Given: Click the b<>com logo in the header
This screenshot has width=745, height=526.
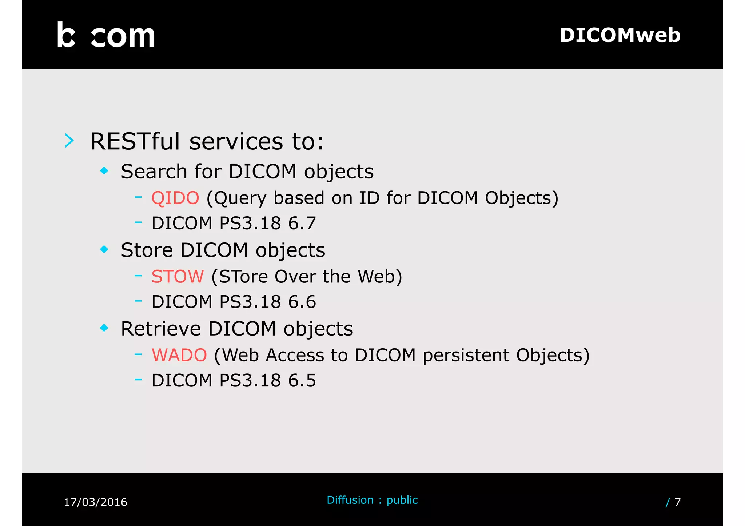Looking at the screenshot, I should (x=106, y=35).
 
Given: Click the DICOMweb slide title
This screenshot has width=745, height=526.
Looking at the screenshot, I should (x=620, y=35).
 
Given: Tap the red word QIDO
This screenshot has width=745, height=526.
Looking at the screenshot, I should (x=175, y=198).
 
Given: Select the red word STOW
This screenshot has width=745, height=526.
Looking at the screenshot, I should (x=178, y=277).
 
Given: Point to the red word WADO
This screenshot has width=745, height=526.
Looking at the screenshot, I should (x=179, y=355).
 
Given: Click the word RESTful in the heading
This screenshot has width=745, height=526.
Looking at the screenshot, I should (x=135, y=141).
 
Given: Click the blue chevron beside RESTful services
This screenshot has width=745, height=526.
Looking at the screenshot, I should (x=69, y=141).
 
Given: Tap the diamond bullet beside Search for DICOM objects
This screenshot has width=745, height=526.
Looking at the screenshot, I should (x=104, y=170).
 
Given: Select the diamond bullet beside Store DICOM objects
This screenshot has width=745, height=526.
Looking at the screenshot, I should (x=104, y=249).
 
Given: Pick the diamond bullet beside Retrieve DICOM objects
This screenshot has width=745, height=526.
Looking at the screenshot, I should (x=104, y=328).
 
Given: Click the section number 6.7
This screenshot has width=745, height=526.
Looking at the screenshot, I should (x=302, y=223).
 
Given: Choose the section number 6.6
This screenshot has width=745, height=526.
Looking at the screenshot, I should (x=302, y=302).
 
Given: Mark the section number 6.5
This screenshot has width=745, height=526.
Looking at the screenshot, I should (x=302, y=381).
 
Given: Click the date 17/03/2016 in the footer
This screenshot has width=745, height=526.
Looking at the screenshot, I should (x=95, y=502).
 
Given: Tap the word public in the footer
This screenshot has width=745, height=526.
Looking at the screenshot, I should (x=402, y=500).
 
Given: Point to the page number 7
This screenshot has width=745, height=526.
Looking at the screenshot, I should (x=677, y=502).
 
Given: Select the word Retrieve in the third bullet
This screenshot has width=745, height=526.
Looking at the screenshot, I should (x=160, y=329).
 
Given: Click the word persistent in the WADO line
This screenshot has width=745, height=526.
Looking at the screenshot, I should (x=466, y=356).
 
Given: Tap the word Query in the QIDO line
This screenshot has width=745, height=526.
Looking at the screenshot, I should (x=240, y=198).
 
